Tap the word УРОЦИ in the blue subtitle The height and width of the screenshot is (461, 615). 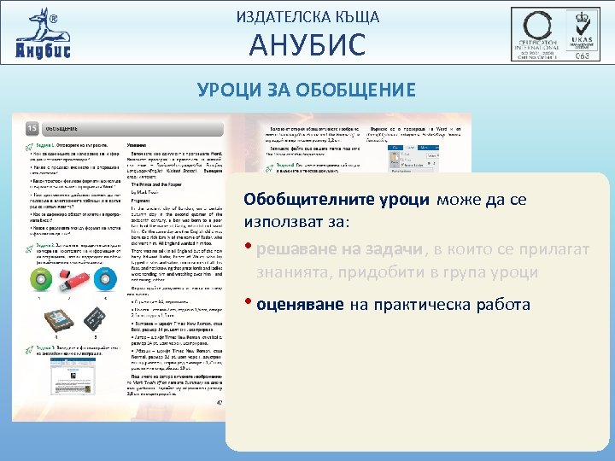pos(229,89)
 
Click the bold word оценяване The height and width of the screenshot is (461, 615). pos(298,304)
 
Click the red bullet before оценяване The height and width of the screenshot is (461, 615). pos(249,304)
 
